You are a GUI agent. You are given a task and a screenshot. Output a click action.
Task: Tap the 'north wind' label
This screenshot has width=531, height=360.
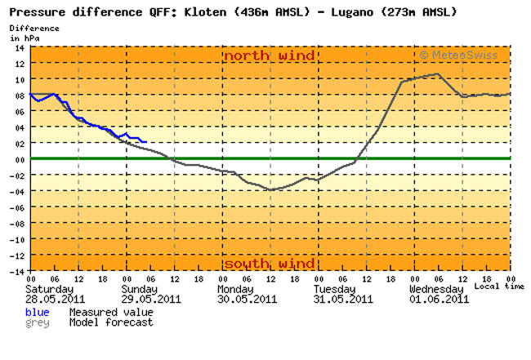(270, 56)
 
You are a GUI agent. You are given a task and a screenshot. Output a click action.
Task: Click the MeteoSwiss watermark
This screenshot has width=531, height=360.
(462, 56)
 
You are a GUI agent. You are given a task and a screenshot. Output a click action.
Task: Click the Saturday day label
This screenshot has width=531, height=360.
(49, 289)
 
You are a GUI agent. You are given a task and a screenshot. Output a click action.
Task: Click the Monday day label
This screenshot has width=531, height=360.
(239, 289)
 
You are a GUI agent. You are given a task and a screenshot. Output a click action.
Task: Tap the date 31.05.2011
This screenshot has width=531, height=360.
(342, 299)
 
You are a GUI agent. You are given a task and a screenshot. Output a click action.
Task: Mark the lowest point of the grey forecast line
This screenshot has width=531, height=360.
(270, 189)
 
